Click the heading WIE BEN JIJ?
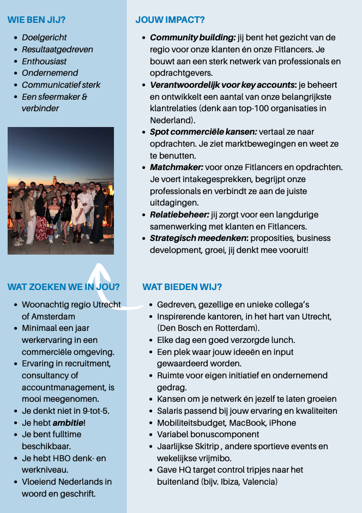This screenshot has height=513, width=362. tap(37, 20)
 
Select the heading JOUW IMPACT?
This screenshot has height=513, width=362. tap(170, 20)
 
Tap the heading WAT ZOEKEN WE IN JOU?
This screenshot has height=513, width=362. tap(64, 287)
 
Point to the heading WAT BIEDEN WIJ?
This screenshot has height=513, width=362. tap(182, 287)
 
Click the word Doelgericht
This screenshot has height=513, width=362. tap(44, 38)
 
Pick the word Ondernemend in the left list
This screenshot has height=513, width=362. tap(50, 73)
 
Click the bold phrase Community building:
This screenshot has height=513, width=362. tap(192, 38)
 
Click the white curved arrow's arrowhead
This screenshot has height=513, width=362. tap(100, 268)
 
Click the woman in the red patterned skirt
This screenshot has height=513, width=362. tap(41, 221)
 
